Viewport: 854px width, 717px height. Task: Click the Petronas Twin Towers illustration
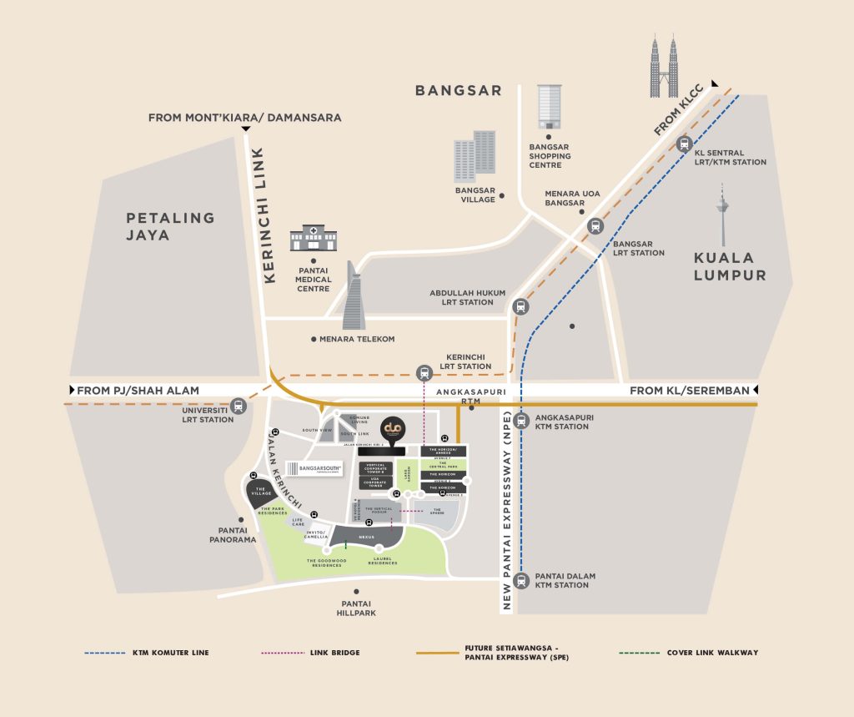(664, 66)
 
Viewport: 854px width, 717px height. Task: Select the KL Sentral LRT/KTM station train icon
(685, 144)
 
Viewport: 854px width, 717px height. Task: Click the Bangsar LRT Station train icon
(595, 225)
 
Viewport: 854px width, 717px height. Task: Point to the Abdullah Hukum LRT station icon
(520, 306)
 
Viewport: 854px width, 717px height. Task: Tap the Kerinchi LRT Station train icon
(424, 373)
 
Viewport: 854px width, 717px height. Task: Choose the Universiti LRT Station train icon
(239, 406)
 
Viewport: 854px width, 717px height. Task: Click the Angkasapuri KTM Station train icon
(521, 420)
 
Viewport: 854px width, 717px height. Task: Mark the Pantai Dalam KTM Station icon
(521, 579)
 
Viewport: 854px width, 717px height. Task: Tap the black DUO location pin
(392, 430)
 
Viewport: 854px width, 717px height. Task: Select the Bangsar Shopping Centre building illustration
(549, 106)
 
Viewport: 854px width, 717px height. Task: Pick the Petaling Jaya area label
(170, 226)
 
